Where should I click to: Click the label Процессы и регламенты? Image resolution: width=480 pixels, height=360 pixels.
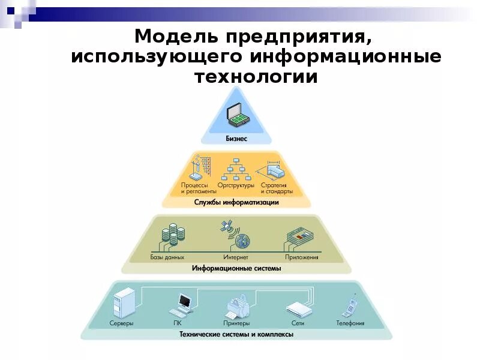194,188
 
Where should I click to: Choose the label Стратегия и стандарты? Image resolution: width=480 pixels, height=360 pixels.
277,188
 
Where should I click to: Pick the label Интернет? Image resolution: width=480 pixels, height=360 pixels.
236,257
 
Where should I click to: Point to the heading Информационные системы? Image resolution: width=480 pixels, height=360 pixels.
236,269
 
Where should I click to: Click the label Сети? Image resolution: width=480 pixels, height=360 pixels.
298,323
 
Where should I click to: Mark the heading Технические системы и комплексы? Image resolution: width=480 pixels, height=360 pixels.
236,334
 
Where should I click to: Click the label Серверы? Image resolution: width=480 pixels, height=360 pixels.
121,323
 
